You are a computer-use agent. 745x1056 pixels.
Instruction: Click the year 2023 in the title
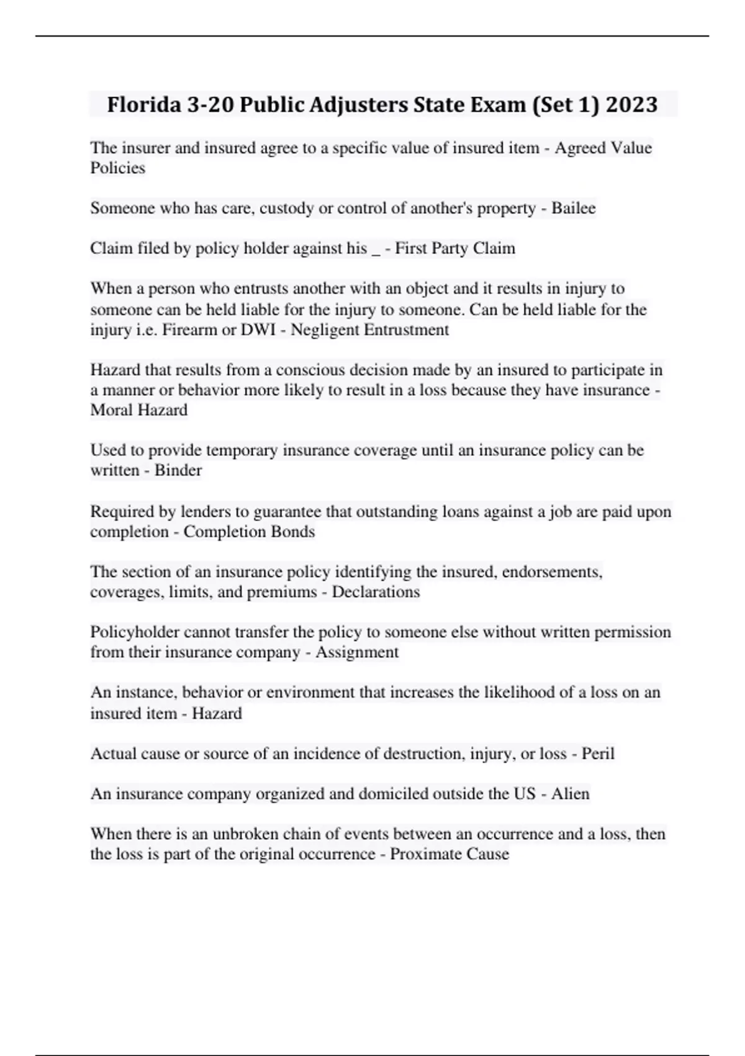pos(631,104)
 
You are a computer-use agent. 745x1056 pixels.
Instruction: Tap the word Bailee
pos(574,208)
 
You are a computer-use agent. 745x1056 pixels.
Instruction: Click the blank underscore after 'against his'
pos(375,250)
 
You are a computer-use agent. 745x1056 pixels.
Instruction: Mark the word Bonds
pos(294,532)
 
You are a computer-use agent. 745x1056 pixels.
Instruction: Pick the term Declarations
pos(376,592)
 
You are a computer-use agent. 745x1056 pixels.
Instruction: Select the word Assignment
pos(357,652)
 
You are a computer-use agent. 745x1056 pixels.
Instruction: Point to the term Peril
pos(597,753)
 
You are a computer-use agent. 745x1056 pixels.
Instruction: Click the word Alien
pos(571,794)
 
